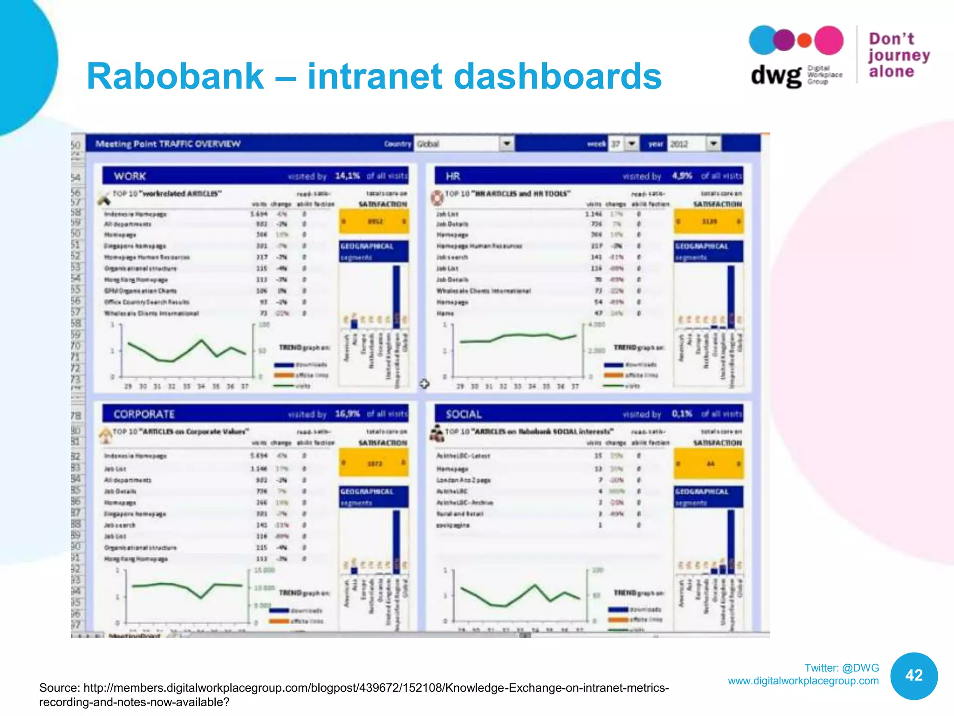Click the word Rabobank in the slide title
(x=175, y=76)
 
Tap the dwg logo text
(x=776, y=76)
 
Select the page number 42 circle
(x=914, y=675)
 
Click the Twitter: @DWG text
(x=842, y=668)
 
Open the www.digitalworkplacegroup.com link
(x=803, y=681)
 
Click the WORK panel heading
(x=130, y=176)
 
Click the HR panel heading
(x=453, y=176)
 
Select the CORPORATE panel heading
(x=144, y=414)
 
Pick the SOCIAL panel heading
(x=463, y=414)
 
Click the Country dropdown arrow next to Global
(x=507, y=144)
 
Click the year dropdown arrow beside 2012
(x=713, y=144)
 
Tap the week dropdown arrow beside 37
(x=632, y=144)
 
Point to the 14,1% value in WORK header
(x=348, y=176)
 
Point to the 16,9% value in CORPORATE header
(x=348, y=413)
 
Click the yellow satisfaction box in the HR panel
(x=709, y=221)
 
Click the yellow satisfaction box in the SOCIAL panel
(x=709, y=464)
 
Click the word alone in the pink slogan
(x=891, y=71)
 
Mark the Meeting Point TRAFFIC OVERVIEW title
(x=168, y=144)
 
